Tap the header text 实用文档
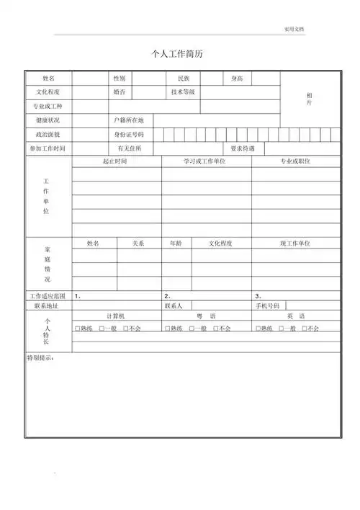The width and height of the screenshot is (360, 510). [x=294, y=29]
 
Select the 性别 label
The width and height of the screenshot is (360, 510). [x=120, y=78]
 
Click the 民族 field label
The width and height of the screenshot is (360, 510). [x=184, y=78]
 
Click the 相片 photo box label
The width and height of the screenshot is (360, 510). [x=309, y=99]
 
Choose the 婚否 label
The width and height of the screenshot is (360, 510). [x=120, y=92]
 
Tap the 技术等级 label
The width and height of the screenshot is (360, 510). [x=184, y=92]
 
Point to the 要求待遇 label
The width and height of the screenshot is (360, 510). [x=243, y=148]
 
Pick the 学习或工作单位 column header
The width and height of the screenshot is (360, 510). [x=205, y=161]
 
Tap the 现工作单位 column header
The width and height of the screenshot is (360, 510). [x=294, y=243]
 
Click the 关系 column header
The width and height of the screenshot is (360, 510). [x=139, y=243]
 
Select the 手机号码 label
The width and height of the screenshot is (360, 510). [x=268, y=306]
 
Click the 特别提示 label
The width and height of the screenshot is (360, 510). [x=40, y=357]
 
